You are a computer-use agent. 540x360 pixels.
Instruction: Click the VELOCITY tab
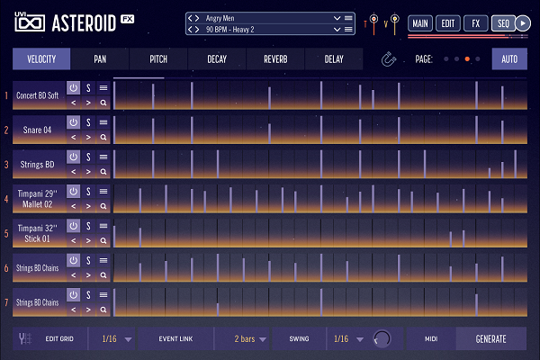42,60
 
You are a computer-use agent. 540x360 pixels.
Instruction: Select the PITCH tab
158,60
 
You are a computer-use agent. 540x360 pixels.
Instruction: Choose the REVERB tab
275,60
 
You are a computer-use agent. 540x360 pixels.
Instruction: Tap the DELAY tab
333,60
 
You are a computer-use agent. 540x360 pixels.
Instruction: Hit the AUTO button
509,60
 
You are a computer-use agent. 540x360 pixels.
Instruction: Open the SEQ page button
502,22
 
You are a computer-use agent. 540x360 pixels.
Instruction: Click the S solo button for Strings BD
88,157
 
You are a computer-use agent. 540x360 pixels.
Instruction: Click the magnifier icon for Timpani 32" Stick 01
103,241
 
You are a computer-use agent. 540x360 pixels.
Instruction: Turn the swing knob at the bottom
382,339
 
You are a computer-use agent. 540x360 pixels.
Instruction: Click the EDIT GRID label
59,339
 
